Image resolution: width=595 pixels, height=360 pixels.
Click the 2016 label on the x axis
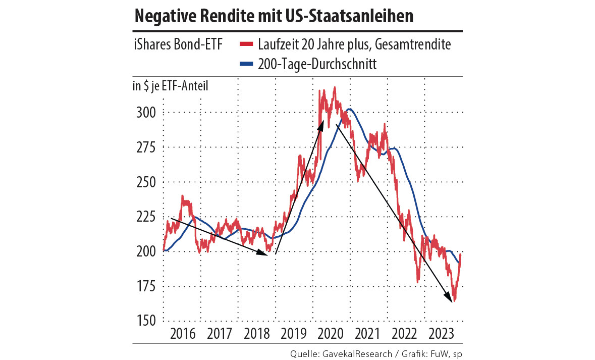[x=182, y=334]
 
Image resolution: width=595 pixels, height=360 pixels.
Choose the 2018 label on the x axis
[x=256, y=334]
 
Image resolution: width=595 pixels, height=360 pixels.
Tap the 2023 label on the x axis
[x=441, y=334]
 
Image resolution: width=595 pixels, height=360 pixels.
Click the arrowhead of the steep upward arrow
[x=321, y=122]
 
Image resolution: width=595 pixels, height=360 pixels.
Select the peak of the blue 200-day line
[x=349, y=109]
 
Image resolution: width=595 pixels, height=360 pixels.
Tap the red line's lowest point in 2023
[x=454, y=300]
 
